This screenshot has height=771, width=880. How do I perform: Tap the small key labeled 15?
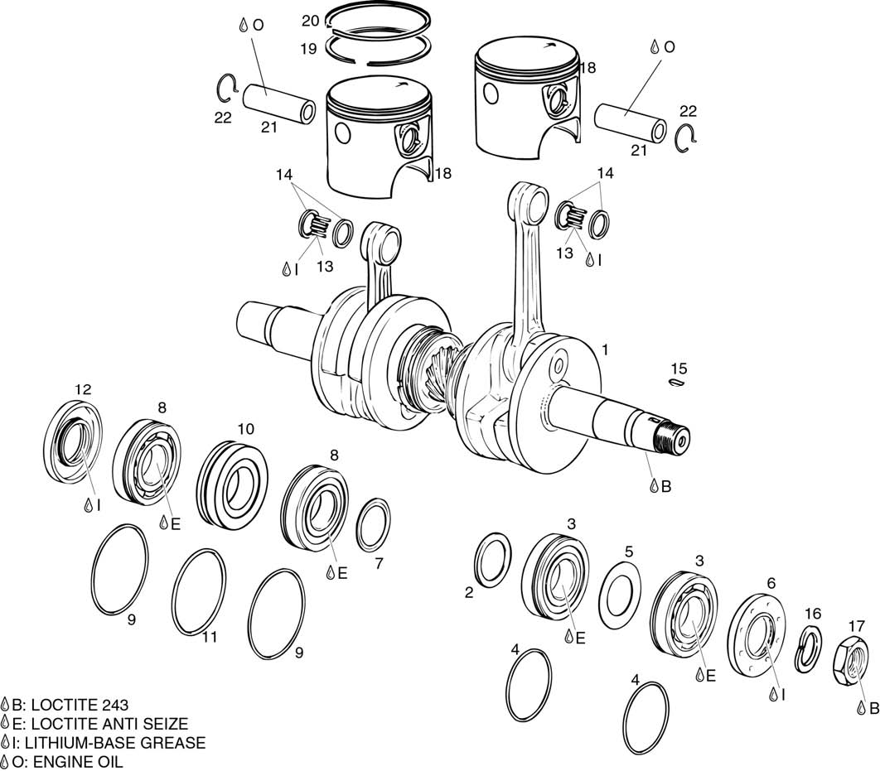677,383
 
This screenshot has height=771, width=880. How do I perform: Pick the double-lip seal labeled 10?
230,481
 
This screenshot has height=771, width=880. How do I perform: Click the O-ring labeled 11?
199,593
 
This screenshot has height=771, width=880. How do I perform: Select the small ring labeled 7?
374,524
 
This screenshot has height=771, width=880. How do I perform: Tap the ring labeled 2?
492,560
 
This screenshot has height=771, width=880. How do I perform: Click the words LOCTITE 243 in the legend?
81,706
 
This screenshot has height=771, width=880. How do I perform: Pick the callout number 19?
308,49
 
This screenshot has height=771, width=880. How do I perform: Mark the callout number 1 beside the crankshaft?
604,350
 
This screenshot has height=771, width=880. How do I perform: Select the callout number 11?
210,637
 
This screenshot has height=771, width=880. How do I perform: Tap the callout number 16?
812,614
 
